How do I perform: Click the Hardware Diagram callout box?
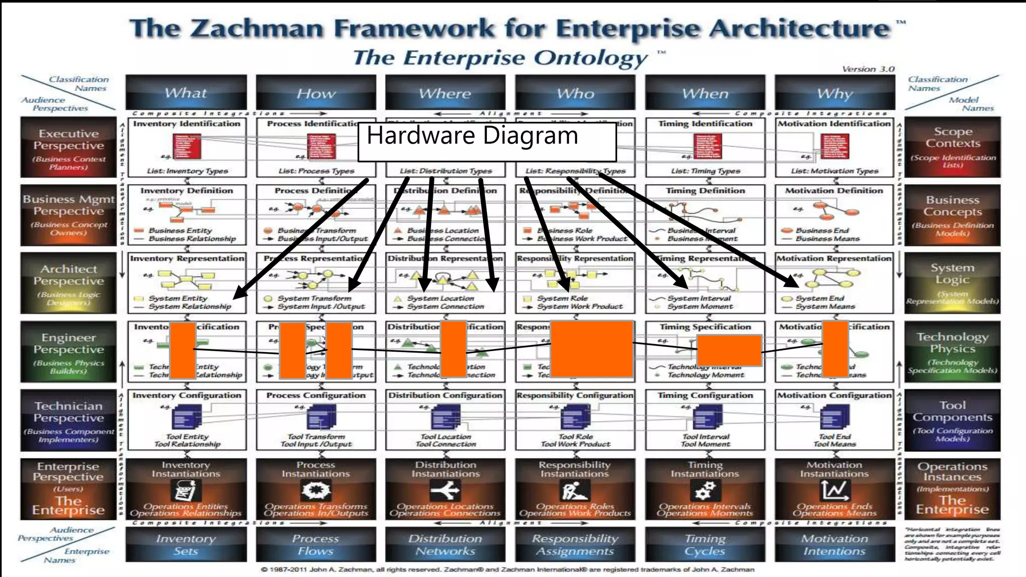pyautogui.click(x=486, y=142)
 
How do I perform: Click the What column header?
pyautogui.click(x=186, y=93)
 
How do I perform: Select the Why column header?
pyautogui.click(x=835, y=93)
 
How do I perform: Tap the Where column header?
pyautogui.click(x=445, y=93)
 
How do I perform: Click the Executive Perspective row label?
pyautogui.click(x=68, y=147)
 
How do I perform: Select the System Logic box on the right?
pyautogui.click(x=952, y=282)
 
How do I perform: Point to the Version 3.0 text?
pyautogui.click(x=868, y=69)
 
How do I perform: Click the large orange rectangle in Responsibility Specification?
pyautogui.click(x=592, y=349)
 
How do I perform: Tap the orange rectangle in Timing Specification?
pyautogui.click(x=729, y=350)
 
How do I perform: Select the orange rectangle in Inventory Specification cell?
pyautogui.click(x=182, y=351)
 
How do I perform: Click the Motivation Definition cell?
pyautogui.click(x=834, y=215)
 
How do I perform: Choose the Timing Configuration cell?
pyautogui.click(x=705, y=420)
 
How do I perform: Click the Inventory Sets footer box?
pyautogui.click(x=186, y=544)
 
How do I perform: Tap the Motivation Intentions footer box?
pyautogui.click(x=835, y=544)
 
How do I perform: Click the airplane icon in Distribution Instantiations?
pyautogui.click(x=445, y=490)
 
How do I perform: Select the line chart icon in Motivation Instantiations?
pyautogui.click(x=835, y=490)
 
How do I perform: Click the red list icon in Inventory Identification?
pyautogui.click(x=187, y=146)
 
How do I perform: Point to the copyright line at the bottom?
pyautogui.click(x=507, y=569)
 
